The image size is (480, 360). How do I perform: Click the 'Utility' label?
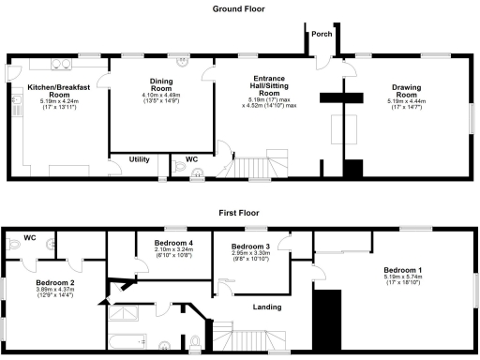139,159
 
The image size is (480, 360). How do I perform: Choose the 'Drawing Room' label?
406,92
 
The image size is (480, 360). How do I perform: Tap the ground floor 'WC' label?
191,157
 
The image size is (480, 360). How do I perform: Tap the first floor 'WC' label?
29,236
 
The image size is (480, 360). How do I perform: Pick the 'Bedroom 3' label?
250,245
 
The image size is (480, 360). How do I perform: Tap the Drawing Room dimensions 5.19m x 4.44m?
406,105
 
